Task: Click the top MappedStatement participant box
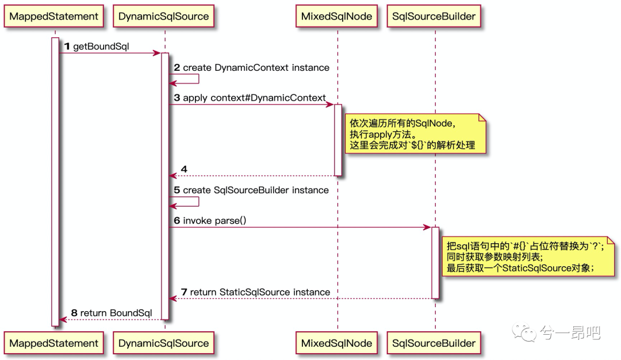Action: [54, 16]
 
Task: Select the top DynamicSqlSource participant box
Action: [163, 16]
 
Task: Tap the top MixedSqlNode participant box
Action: [336, 16]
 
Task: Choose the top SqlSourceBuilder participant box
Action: [434, 16]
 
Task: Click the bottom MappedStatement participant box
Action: [54, 343]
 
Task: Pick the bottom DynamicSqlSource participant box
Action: [163, 343]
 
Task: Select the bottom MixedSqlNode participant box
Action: [336, 343]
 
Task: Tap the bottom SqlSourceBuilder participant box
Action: [434, 343]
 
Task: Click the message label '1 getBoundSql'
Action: [97, 47]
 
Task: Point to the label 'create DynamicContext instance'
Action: [256, 68]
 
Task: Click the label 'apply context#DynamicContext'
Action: [254, 98]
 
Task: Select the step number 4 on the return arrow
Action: [184, 169]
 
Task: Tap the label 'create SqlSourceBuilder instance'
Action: [256, 190]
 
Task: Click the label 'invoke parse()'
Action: [214, 221]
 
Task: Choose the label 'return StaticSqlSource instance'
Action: [260, 292]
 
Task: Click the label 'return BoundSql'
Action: [116, 313]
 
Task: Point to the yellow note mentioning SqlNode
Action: [415, 134]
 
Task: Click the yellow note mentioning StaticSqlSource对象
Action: [528, 256]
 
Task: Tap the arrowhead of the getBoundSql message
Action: [157, 53]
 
